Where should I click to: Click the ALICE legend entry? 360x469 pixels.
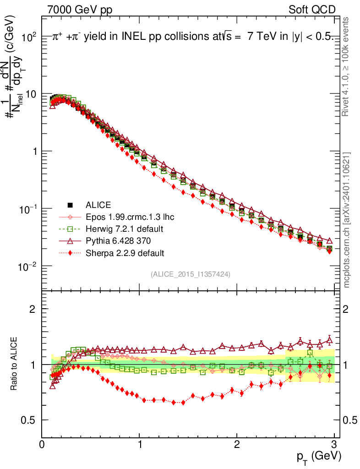[98, 205]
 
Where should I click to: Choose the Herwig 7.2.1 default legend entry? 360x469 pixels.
[125, 229]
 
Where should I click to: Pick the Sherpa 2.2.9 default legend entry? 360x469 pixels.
[125, 252]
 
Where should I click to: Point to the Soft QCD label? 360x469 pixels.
[312, 10]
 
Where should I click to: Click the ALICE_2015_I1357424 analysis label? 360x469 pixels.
[190, 274]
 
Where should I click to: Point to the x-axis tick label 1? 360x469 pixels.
[139, 444]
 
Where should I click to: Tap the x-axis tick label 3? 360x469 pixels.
[334, 444]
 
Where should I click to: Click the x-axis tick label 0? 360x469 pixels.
[42, 444]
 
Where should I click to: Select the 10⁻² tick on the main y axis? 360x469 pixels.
[27, 267]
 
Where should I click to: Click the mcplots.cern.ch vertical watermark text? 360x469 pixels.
[347, 220]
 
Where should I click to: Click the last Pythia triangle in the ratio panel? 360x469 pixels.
[330, 340]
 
